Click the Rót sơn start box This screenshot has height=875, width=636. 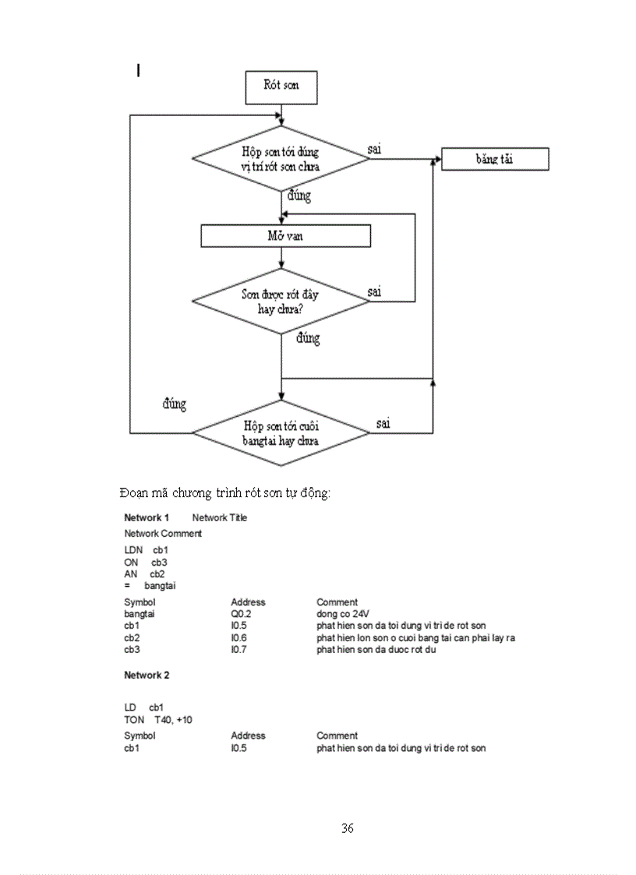pyautogui.click(x=281, y=86)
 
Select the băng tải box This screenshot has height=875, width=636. pyautogui.click(x=495, y=159)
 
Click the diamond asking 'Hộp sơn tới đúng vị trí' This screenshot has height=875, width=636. pyautogui.click(x=281, y=158)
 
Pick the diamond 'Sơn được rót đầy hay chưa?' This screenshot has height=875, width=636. pyautogui.click(x=281, y=302)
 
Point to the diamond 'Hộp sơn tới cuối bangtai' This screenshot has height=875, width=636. pyautogui.click(x=281, y=433)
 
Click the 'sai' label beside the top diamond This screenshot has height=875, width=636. pyautogui.click(x=375, y=148)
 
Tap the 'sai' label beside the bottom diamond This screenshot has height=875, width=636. pyautogui.click(x=383, y=424)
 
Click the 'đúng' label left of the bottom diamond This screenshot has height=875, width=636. pyautogui.click(x=174, y=404)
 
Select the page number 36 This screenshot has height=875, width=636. pyautogui.click(x=348, y=827)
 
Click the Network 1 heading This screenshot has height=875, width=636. pyautogui.click(x=147, y=518)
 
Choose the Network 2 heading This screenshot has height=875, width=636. pyautogui.click(x=147, y=675)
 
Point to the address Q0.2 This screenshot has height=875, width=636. pyautogui.click(x=241, y=614)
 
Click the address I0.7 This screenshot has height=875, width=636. pyautogui.click(x=238, y=649)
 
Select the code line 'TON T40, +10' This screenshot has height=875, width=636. pyautogui.click(x=158, y=720)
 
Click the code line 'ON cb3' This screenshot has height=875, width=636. pyautogui.click(x=146, y=562)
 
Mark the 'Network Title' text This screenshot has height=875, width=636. pyautogui.click(x=219, y=518)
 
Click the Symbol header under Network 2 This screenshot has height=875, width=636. pyautogui.click(x=140, y=736)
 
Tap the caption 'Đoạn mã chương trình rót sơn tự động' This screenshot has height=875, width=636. pyautogui.click(x=225, y=493)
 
